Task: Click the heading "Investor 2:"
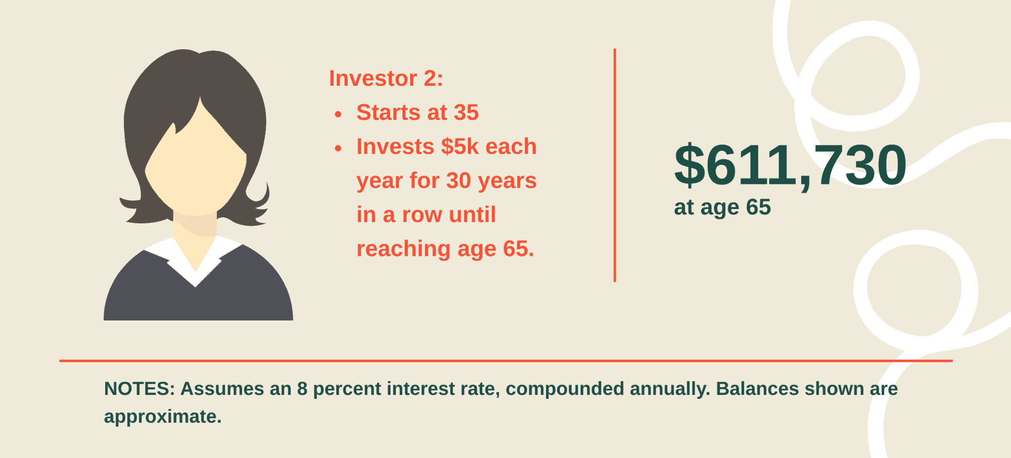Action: pos(386,78)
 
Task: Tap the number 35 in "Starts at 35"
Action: pos(467,112)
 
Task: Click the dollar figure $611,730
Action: pos(790,165)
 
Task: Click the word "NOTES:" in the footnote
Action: pos(140,388)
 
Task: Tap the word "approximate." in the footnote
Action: pos(163,417)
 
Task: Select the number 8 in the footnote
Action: pos(302,388)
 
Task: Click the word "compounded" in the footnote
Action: pos(565,389)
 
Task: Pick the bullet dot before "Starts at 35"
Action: pos(338,114)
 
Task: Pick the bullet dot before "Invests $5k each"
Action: pos(338,148)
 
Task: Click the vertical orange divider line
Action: pos(615,165)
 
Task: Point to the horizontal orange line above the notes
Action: pos(506,361)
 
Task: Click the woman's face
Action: pos(195,163)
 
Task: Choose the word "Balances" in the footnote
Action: pos(757,388)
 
